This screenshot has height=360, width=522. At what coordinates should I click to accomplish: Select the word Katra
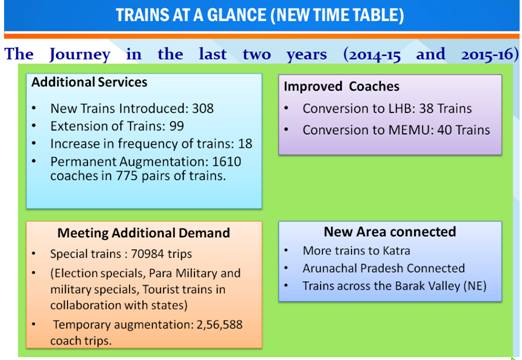point(400,251)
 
